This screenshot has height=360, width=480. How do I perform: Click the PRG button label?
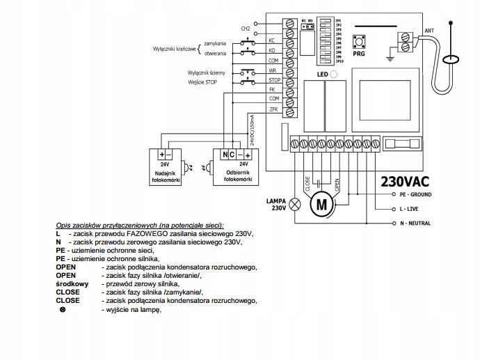[359, 53]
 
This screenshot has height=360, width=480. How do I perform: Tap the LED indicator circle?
[333, 75]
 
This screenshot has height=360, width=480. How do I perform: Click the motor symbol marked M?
[321, 205]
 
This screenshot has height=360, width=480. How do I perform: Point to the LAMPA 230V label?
[276, 204]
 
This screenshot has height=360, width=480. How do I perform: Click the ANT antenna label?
[429, 31]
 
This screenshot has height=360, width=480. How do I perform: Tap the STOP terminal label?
[273, 80]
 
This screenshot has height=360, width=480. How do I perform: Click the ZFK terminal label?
[273, 109]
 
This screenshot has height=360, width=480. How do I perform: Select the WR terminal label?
[273, 70]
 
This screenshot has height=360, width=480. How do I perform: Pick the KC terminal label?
[273, 41]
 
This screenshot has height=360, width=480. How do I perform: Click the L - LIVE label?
[410, 208]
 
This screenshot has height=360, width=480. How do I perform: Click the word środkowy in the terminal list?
[73, 284]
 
